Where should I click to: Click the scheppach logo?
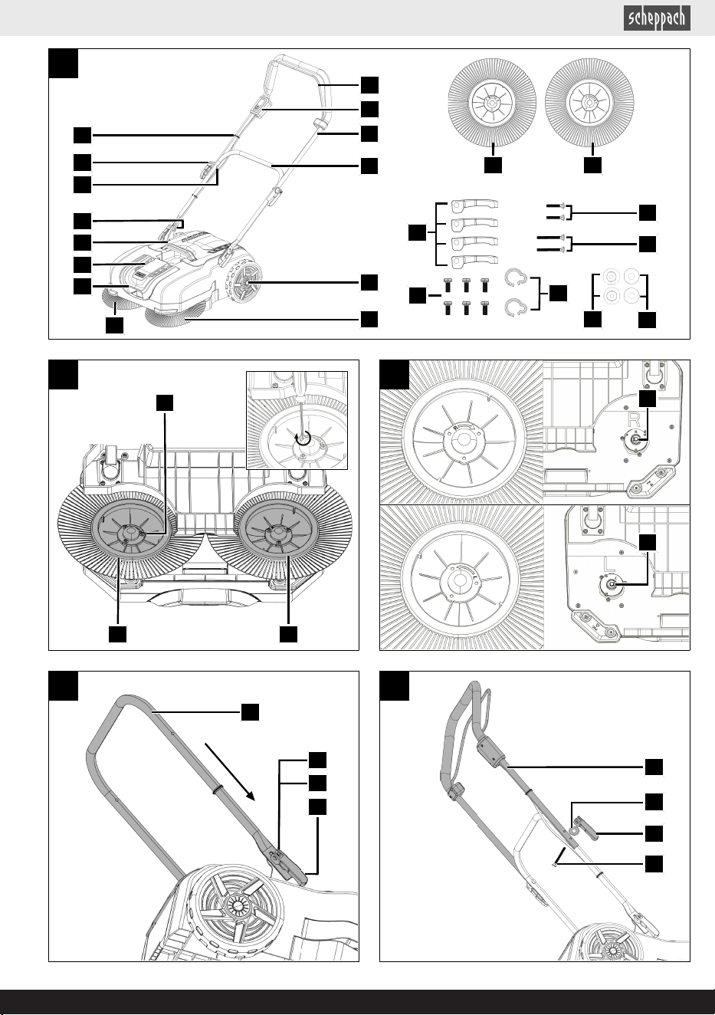[657, 18]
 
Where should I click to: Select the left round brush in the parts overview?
[492, 102]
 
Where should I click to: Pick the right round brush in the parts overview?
[589, 102]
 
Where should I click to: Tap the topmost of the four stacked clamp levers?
[474, 205]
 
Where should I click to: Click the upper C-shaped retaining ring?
[514, 277]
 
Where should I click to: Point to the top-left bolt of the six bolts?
[448, 284]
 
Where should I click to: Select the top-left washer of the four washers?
[611, 276]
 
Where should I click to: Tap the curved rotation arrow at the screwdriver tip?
[302, 438]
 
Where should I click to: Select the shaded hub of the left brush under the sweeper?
[130, 532]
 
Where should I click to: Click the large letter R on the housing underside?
[634, 419]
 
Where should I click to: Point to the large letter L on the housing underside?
[610, 564]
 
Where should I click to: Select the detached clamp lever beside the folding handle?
[587, 828]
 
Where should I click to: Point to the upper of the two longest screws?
[550, 237]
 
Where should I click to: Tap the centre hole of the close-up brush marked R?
[462, 439]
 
